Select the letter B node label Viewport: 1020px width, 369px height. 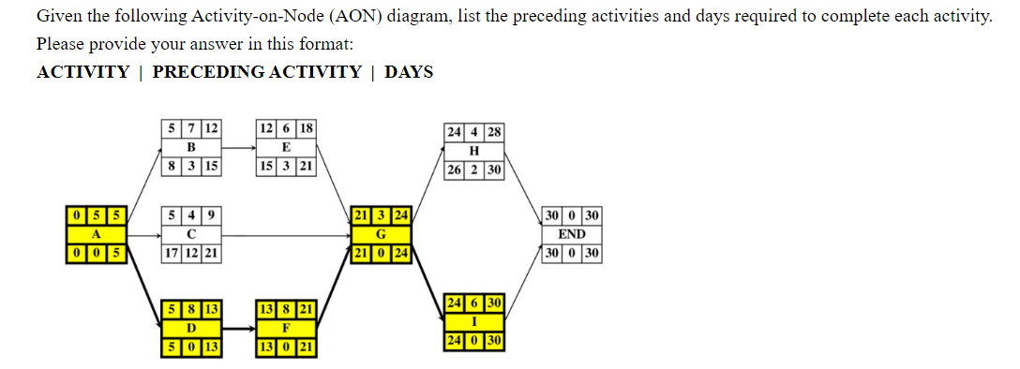pos(191,147)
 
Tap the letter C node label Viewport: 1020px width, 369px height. pos(191,234)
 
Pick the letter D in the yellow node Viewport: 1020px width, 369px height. pos(191,328)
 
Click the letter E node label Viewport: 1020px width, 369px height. pos(286,147)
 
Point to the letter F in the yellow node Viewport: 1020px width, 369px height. pos(286,328)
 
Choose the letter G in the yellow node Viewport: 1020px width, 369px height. pos(381,234)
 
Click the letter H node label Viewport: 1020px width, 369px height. pos(474,152)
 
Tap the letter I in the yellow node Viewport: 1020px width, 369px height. pos(474,320)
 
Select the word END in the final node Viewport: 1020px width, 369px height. pos(572,234)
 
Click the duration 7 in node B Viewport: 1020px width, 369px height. pos(191,127)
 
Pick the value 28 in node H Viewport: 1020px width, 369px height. pos(494,132)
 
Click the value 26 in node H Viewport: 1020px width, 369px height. pos(455,170)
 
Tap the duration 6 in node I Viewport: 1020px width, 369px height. pos(474,303)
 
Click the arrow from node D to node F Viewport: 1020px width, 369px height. pos(238,329)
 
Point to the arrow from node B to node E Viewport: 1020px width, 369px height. pos(238,147)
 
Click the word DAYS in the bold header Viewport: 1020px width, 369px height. pos(409,72)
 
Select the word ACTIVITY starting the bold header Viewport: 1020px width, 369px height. pos(82,72)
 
